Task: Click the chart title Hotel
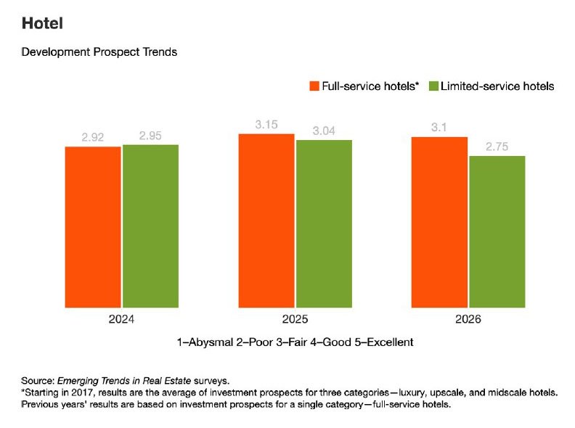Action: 42,24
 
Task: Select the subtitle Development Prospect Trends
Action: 99,52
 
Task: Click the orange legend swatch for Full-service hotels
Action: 314,86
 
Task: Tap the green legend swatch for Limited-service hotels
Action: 434,86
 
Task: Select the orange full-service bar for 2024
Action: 93,226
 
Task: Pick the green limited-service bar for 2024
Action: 150,226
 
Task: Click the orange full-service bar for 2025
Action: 266,221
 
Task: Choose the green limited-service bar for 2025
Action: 324,223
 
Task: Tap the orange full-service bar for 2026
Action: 440,221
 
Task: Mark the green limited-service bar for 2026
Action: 497,231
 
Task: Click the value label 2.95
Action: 150,136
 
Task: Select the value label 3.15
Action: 266,125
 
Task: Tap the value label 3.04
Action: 324,131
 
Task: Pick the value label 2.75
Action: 497,147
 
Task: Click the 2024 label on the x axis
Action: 121,319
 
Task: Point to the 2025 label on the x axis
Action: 295,319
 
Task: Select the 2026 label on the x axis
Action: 468,319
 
